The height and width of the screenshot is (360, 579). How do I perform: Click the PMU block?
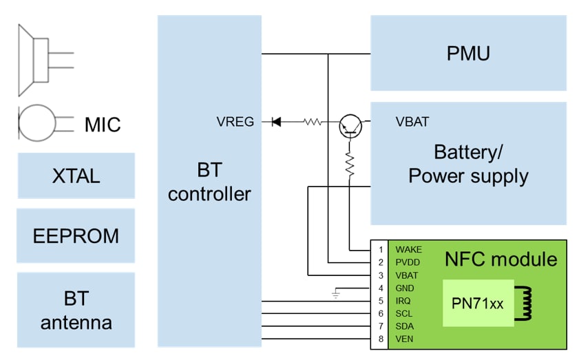pyautogui.click(x=468, y=53)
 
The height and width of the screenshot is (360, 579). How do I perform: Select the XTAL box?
pyautogui.click(x=76, y=176)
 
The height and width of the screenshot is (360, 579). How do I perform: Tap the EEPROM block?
pyautogui.click(x=76, y=236)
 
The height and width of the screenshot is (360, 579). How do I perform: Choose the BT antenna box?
pyautogui.click(x=76, y=310)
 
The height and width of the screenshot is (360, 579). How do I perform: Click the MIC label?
pyautogui.click(x=102, y=125)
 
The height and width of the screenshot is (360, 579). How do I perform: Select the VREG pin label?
pyautogui.click(x=235, y=122)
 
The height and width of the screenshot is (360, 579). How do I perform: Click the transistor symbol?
pyautogui.click(x=350, y=124)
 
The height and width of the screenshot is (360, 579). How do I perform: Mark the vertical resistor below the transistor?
pyautogui.click(x=350, y=164)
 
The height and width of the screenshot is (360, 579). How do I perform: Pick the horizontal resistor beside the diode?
pyautogui.click(x=313, y=123)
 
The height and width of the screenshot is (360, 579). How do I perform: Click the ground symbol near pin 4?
pyautogui.click(x=335, y=294)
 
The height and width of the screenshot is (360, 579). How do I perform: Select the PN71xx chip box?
pyautogui.click(x=478, y=303)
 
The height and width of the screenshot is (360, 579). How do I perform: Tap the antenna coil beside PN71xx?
pyautogui.click(x=527, y=303)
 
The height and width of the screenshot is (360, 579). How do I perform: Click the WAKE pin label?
pyautogui.click(x=408, y=249)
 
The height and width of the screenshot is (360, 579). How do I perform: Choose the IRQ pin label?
pyautogui.click(x=403, y=301)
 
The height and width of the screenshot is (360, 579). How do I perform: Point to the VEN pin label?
pyautogui.click(x=404, y=339)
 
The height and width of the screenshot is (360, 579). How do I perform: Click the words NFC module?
pyautogui.click(x=501, y=260)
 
